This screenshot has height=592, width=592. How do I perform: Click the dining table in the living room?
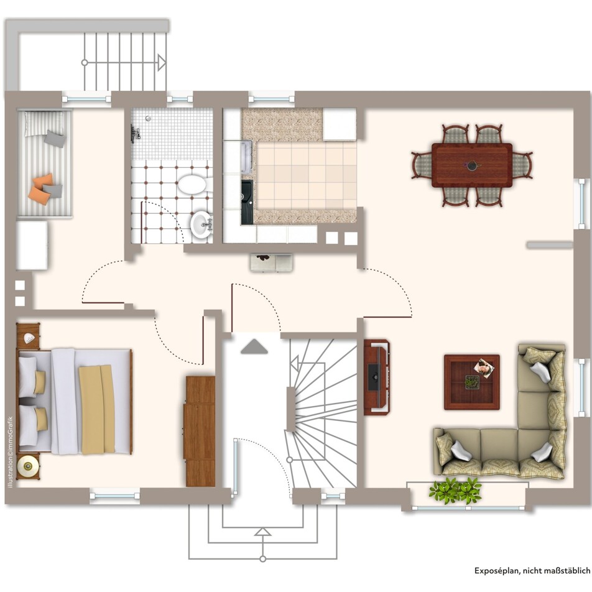[472, 165]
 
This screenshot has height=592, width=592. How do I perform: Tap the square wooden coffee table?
[472, 382]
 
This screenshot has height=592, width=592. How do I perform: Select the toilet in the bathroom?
[193, 184]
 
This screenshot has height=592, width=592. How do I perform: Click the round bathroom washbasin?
[201, 225]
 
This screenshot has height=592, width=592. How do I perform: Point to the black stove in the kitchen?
[247, 202]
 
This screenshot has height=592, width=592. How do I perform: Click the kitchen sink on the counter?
[246, 157]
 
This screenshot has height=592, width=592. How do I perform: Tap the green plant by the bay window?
[455, 491]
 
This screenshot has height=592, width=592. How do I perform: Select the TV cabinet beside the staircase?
[377, 377]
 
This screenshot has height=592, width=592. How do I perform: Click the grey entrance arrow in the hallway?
[254, 346]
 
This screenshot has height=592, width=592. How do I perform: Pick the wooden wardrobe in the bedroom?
[200, 431]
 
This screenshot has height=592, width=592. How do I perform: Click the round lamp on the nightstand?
[28, 466]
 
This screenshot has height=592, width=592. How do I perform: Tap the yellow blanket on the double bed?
[96, 409]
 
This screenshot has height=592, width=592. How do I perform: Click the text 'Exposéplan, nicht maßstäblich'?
[532, 570]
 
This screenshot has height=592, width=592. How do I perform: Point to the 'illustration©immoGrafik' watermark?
[10, 452]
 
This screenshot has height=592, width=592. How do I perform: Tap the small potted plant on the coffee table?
[472, 382]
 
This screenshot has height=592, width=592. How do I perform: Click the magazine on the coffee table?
[484, 368]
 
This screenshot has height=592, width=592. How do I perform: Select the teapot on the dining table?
[471, 165]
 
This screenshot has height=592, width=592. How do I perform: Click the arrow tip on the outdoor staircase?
[165, 62]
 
